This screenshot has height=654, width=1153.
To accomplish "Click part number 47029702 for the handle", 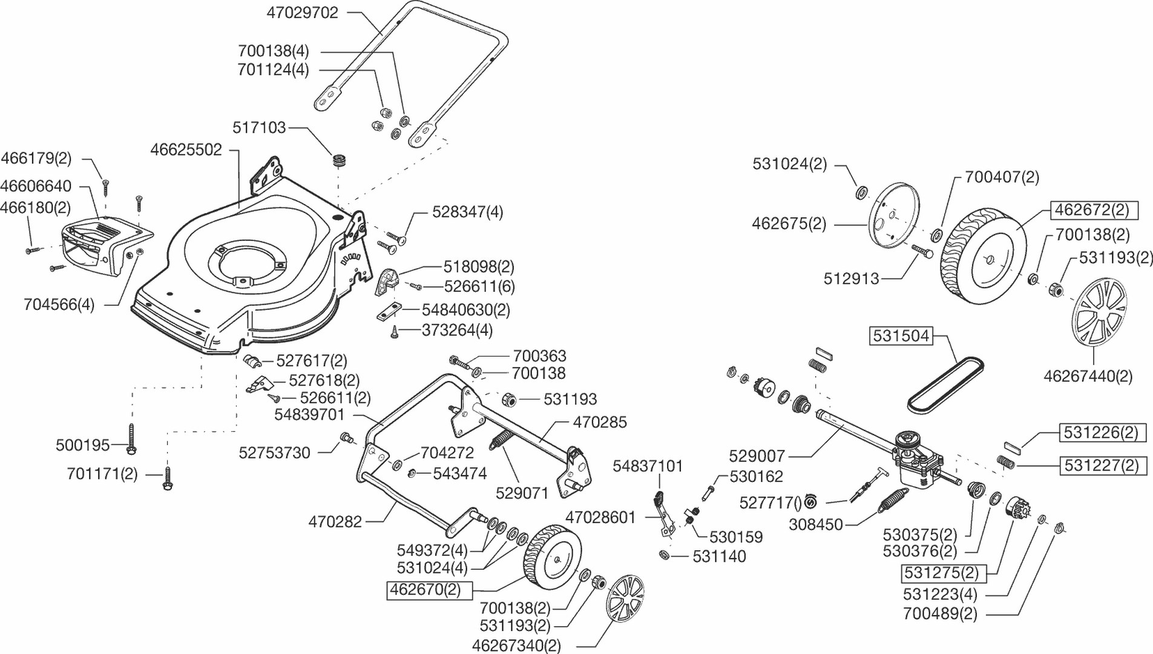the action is [303, 13].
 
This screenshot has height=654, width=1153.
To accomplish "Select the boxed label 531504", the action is [901, 336].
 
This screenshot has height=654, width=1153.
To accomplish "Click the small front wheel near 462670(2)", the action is [551, 560].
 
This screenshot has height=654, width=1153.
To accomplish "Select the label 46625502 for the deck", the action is [186, 150].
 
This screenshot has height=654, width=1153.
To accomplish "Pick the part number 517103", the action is [259, 128].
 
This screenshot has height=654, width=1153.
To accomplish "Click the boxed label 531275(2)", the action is [941, 572].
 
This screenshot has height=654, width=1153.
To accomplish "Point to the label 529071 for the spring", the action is [522, 493].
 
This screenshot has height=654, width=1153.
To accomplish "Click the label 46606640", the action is [36, 186].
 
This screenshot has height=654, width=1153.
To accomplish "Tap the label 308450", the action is [815, 524].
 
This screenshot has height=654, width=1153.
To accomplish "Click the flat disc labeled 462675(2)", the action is [894, 216].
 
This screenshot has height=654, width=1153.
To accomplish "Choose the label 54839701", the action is [309, 415].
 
